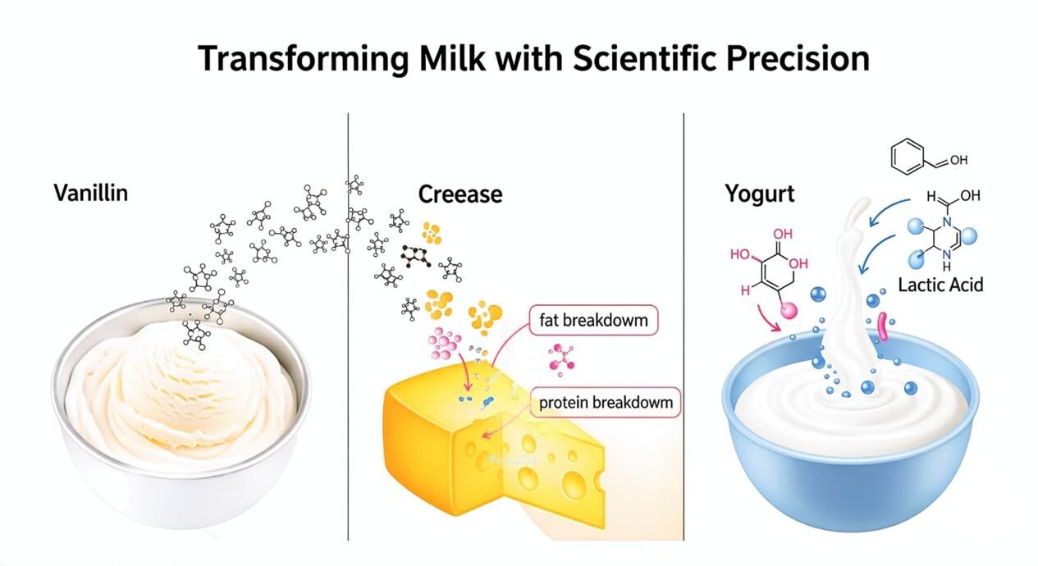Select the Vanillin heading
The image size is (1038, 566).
(x=91, y=193)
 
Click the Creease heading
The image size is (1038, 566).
(x=460, y=194)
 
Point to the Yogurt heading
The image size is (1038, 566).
(x=760, y=194)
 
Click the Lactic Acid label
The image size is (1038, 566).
(x=940, y=285)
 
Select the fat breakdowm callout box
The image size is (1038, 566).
(x=593, y=320)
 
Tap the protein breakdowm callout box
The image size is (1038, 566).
(x=606, y=403)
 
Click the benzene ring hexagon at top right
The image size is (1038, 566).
(x=908, y=157)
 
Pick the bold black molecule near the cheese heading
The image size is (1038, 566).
(x=416, y=256)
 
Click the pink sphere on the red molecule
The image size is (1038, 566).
(x=789, y=310)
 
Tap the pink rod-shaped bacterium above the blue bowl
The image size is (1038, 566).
(x=882, y=327)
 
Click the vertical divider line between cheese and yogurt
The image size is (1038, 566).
(x=684, y=326)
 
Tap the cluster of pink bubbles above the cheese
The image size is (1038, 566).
(x=444, y=344)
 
